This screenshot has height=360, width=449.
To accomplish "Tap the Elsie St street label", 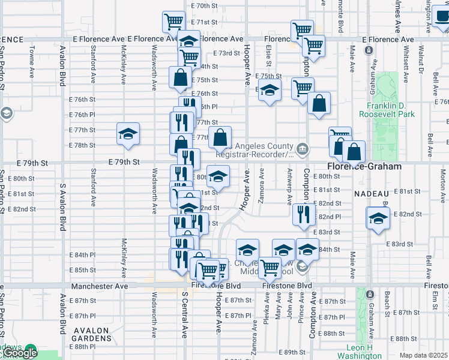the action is (x=268, y=58).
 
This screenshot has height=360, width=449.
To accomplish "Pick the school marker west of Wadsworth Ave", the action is (x=128, y=133).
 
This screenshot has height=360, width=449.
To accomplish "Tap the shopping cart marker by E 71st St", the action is (x=173, y=22).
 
